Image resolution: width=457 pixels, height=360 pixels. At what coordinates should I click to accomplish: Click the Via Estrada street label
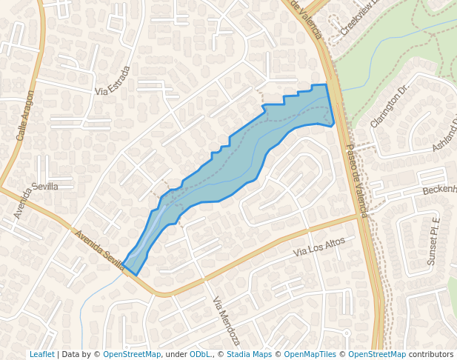[113, 81]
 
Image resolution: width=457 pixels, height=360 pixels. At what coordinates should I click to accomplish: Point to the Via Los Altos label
[319, 247]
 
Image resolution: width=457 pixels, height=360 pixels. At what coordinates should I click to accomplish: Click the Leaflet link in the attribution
[42, 354]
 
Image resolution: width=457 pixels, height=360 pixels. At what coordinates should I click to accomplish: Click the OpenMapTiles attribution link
[310, 354]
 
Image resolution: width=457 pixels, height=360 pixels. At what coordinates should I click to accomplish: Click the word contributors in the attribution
[431, 354]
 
